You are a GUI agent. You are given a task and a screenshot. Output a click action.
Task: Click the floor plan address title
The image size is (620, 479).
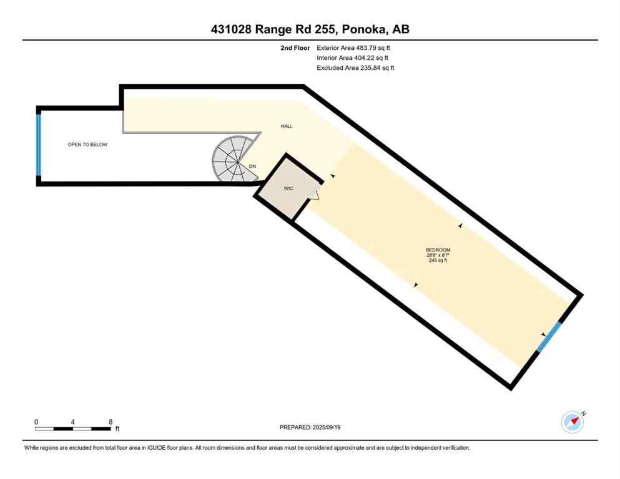pos(310,29)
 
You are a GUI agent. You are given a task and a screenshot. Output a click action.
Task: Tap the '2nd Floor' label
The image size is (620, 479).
pos(295,47)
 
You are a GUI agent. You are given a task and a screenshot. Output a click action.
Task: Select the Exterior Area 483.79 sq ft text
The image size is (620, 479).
pos(354,47)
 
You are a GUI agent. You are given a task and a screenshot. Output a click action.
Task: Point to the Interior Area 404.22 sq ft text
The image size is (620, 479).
pos(353,57)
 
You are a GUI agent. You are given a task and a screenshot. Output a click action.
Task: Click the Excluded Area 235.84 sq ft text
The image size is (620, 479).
pos(355,67)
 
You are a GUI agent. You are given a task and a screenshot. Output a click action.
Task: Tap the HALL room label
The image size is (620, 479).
pos(287,127)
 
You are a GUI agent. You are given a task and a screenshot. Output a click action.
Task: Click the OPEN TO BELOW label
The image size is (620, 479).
pos(87,145)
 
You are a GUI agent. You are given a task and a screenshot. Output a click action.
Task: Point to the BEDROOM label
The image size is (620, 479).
pos(438,250)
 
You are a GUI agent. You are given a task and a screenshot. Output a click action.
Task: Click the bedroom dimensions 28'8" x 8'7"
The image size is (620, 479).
pos(438,255)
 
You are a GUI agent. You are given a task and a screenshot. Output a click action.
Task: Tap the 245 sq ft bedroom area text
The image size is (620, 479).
pos(438,261)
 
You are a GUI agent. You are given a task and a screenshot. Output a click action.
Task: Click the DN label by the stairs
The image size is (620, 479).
pos(252,166)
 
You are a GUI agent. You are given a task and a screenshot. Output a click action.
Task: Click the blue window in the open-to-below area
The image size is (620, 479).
pos(39,145)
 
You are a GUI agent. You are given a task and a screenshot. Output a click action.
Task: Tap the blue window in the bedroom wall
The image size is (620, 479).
pos(550,337)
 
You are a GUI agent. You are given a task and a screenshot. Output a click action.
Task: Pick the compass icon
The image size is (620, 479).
pos(573,422)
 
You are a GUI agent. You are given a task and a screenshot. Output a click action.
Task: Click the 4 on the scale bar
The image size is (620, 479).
pos(73,422)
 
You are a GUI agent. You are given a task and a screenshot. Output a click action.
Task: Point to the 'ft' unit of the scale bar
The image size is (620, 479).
pos(117,429)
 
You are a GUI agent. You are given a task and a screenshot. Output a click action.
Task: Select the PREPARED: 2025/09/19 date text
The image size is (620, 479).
pos(310,427)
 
